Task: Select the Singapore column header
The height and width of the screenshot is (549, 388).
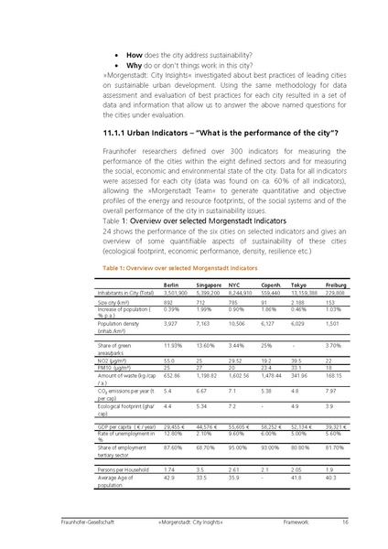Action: click(210, 285)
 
